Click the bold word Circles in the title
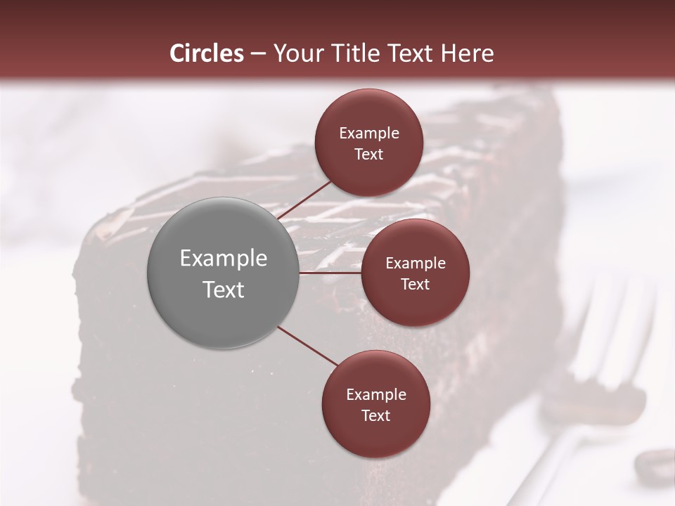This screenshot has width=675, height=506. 207,53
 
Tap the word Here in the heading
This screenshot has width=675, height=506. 467,53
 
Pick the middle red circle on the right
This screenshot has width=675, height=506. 415,273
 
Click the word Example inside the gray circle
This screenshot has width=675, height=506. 224,259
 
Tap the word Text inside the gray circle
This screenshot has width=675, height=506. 224,290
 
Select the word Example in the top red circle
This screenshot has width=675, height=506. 369,134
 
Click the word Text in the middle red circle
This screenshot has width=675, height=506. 415,284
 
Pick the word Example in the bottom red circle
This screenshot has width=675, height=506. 376,395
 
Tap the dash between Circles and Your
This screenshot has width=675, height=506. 258,53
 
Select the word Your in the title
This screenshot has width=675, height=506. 296,53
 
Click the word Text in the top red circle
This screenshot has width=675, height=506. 368,155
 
